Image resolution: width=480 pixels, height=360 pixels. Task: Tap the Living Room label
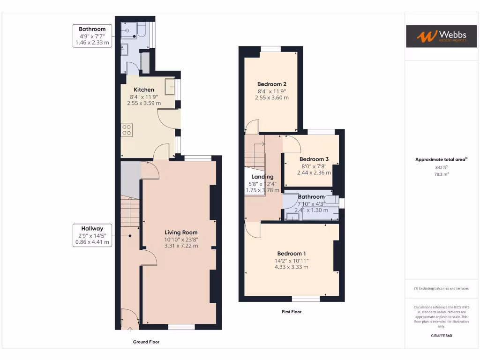pos(181,232)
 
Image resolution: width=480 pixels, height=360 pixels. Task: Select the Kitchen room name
pos(144,90)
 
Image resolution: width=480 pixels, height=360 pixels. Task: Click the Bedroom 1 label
pos(291,254)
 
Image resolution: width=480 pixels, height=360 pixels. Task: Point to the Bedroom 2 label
pos(271,84)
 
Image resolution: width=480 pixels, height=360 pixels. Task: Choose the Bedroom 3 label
pos(314,159)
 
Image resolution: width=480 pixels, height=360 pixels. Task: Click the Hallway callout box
pos(92,235)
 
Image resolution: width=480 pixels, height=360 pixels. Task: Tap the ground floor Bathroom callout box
pos(92,36)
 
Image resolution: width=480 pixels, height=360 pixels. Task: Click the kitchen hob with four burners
pos(127,129)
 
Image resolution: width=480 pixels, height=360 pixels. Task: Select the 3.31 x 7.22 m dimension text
pos(181,246)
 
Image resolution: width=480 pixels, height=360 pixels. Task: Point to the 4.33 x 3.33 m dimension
pos(291,267)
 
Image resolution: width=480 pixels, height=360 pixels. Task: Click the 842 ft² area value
pos(441,167)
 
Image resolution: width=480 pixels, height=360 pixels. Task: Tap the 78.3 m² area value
pos(441,174)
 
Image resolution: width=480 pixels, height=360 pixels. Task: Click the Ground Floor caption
pos(146,342)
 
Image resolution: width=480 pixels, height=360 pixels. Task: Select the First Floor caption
pos(291,312)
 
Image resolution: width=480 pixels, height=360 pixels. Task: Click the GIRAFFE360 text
pos(441,336)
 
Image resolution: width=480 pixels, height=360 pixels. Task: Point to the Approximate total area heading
pos(441,159)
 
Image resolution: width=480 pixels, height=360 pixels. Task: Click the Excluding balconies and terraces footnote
pos(441,288)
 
